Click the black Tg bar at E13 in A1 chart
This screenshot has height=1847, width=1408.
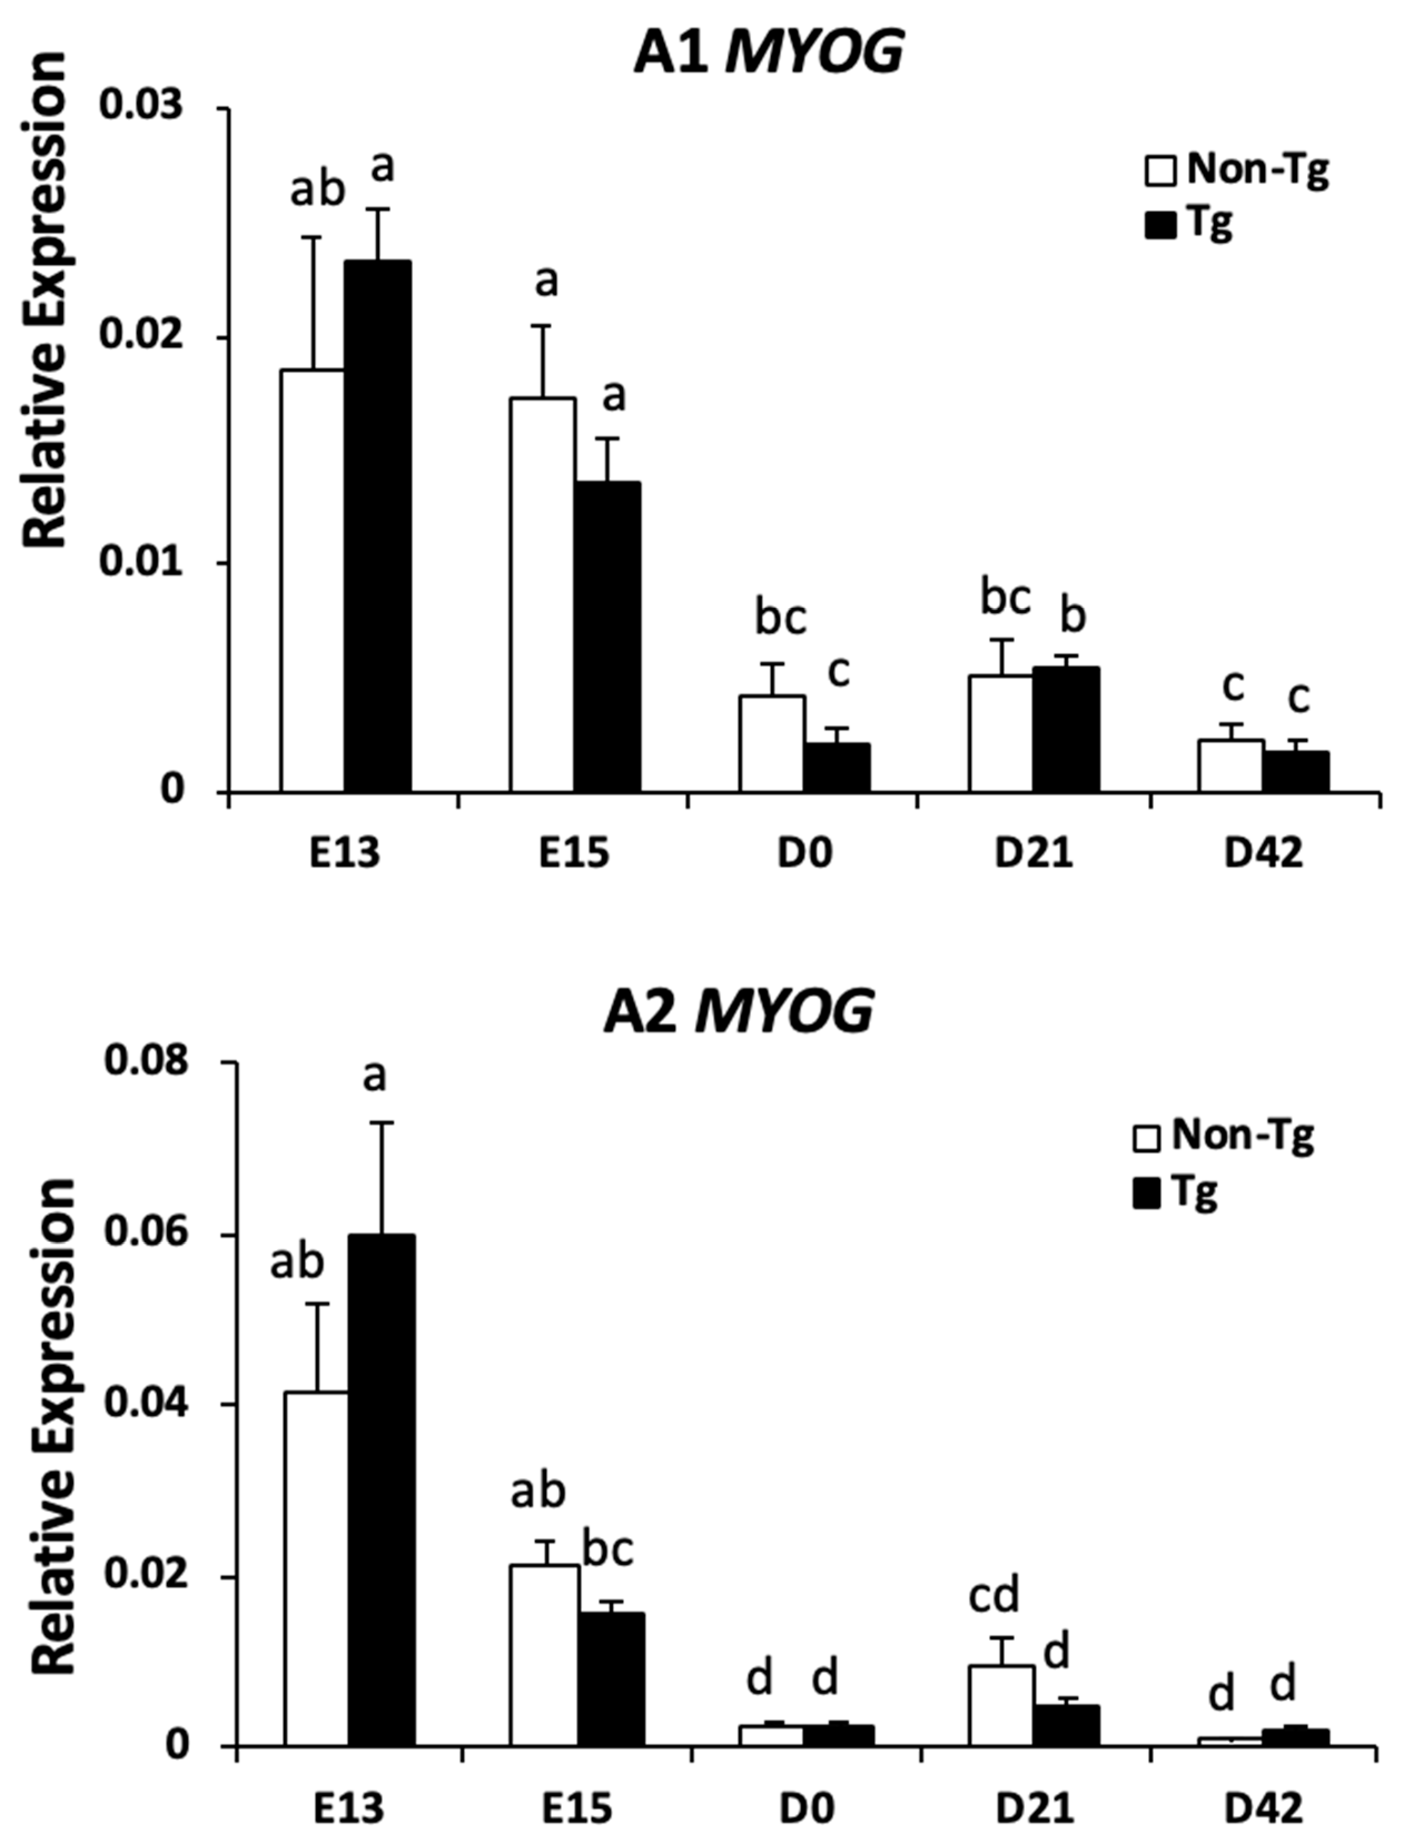[377, 526]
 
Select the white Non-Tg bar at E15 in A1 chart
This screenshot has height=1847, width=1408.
[543, 595]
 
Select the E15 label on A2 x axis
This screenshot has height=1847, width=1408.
[575, 1809]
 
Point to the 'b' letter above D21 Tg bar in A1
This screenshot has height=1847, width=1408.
[1073, 617]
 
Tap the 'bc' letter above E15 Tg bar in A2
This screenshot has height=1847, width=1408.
[607, 1551]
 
